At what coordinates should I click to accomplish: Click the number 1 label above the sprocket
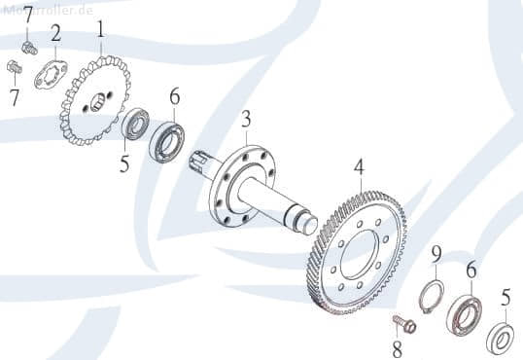click(100, 27)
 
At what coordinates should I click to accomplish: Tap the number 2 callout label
click(55, 34)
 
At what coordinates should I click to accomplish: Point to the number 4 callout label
click(359, 167)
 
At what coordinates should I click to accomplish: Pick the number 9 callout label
click(436, 254)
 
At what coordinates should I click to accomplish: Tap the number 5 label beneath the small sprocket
click(124, 162)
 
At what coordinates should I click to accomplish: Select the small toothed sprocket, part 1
click(95, 100)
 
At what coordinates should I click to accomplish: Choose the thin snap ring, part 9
click(433, 294)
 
